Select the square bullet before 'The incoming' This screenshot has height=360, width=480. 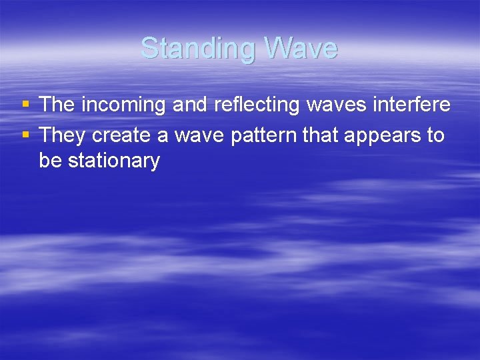coord(25,104)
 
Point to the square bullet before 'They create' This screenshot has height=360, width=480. coord(25,135)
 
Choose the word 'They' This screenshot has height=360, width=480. coord(63,136)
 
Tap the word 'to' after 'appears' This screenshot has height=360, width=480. coord(435,136)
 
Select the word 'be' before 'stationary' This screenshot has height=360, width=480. coord(49,161)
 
